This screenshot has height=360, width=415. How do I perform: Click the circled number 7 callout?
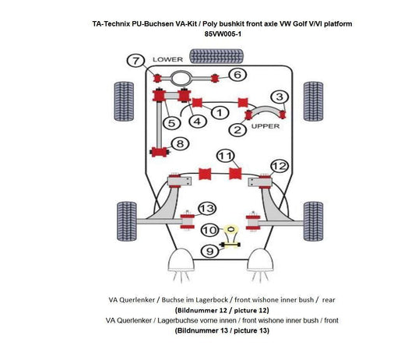(135, 61)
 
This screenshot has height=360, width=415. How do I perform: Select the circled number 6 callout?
(237, 75)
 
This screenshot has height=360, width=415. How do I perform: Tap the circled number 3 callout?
(280, 97)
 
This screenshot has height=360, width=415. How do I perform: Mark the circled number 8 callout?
(180, 143)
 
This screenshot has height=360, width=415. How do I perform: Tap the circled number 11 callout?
(226, 156)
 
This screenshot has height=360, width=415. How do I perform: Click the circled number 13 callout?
(206, 208)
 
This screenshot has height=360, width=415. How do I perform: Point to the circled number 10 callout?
(209, 230)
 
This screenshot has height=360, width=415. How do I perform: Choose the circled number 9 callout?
(209, 250)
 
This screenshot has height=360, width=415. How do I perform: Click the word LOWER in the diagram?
(167, 59)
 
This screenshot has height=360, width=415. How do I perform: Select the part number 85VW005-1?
(222, 34)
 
